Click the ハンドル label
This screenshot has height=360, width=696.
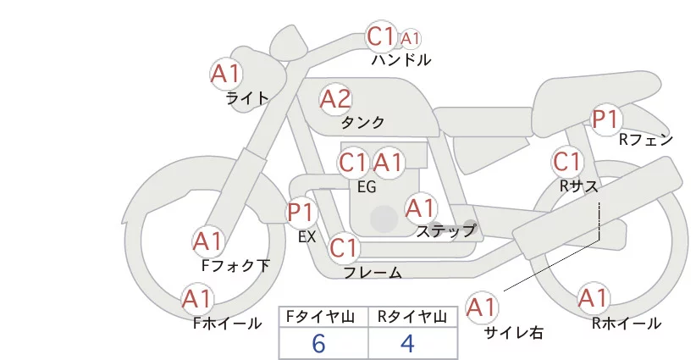point(400,60)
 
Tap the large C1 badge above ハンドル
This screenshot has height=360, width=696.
point(381,36)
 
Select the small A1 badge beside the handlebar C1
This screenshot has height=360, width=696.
point(411,38)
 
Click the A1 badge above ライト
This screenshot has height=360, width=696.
point(225,73)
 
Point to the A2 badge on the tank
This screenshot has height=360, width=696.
point(335,99)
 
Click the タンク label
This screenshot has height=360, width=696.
point(363,123)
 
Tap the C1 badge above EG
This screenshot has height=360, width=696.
point(352,162)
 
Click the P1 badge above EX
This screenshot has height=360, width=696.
point(301,211)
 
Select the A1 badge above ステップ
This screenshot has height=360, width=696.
point(421,207)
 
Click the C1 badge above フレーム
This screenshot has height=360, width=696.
point(344,248)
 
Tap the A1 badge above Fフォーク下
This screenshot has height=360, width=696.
point(208,241)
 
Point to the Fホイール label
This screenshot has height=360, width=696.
point(227,323)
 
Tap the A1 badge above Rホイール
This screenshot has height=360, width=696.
point(593,298)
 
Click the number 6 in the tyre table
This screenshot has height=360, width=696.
point(318,343)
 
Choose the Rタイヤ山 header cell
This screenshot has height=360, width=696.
point(411,317)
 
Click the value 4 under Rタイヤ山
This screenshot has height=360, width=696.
point(407,343)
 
